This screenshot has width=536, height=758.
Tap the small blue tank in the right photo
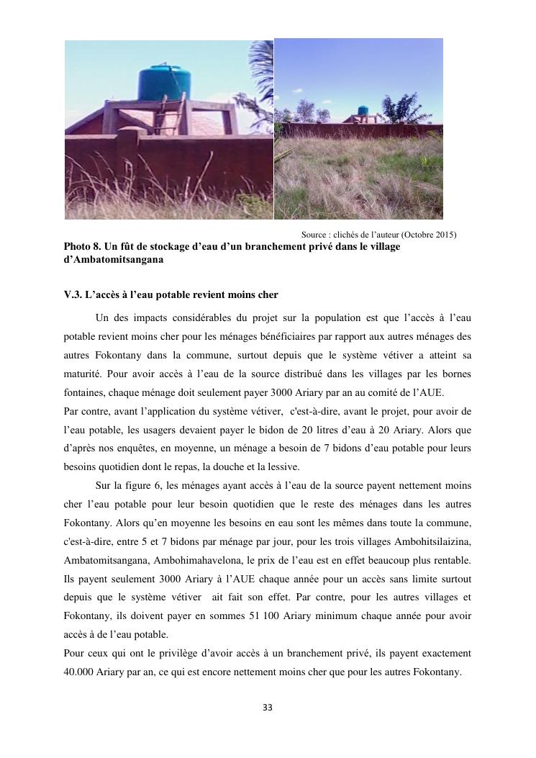(x=363, y=112)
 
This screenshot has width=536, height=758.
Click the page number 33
(x=268, y=708)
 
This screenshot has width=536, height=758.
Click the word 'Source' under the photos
(x=314, y=235)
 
